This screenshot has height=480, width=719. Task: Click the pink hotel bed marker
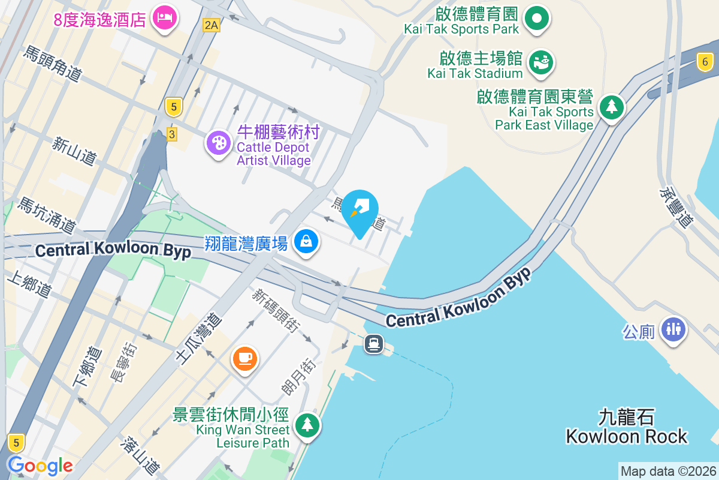pyautogui.click(x=164, y=18)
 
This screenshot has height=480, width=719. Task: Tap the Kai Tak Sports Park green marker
pyautogui.click(x=537, y=18)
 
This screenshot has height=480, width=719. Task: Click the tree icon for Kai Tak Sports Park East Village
pyautogui.click(x=611, y=107)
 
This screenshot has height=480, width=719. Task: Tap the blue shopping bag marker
pyautogui.click(x=306, y=242)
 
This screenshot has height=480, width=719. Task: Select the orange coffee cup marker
pyautogui.click(x=244, y=359)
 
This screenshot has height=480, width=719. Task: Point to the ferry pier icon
pyautogui.click(x=374, y=344)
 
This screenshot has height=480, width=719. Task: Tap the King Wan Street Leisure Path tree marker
pyautogui.click(x=307, y=425)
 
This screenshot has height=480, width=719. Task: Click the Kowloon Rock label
pyautogui.click(x=627, y=427)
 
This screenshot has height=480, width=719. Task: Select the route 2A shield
pyautogui.click(x=212, y=25)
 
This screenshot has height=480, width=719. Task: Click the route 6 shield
pyautogui.click(x=705, y=61)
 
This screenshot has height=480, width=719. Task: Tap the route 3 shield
pyautogui.click(x=172, y=134)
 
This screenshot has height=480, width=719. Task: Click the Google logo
pyautogui.click(x=40, y=465)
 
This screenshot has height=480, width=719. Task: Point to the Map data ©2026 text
pyautogui.click(x=668, y=472)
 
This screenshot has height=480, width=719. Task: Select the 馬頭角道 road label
pyautogui.click(x=53, y=64)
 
